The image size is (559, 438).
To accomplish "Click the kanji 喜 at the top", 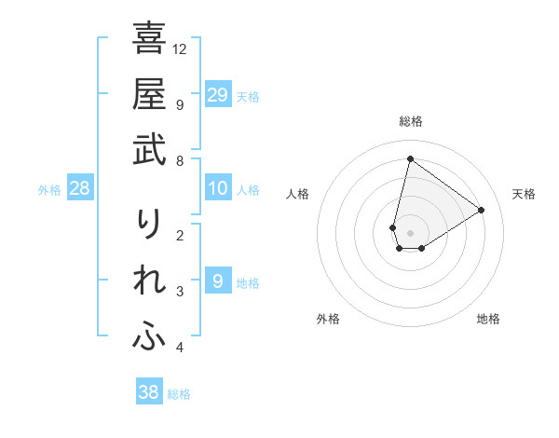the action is [x=149, y=40].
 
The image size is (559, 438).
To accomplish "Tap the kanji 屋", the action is [x=149, y=95].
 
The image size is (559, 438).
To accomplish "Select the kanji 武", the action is [x=149, y=151].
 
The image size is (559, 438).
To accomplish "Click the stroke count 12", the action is [x=180, y=48].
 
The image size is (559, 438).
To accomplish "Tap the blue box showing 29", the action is [x=217, y=95].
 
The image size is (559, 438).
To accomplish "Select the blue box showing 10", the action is [x=217, y=189].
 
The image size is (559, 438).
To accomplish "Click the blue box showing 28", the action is [x=80, y=189].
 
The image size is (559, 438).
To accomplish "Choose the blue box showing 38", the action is [x=149, y=392].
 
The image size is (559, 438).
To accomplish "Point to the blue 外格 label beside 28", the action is [x=49, y=190].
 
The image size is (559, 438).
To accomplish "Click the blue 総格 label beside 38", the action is [x=179, y=393].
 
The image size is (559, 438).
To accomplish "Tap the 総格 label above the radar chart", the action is [x=410, y=121].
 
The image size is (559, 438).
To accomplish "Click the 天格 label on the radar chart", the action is [x=524, y=194].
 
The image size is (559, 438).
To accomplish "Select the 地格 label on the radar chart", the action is [x=488, y=320].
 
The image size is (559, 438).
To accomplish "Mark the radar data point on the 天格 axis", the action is [x=482, y=210].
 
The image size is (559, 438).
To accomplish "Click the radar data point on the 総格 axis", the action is [x=410, y=158].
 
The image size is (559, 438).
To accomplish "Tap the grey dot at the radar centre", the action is [x=410, y=233].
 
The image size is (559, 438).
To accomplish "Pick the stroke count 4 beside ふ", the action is [x=179, y=348].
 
